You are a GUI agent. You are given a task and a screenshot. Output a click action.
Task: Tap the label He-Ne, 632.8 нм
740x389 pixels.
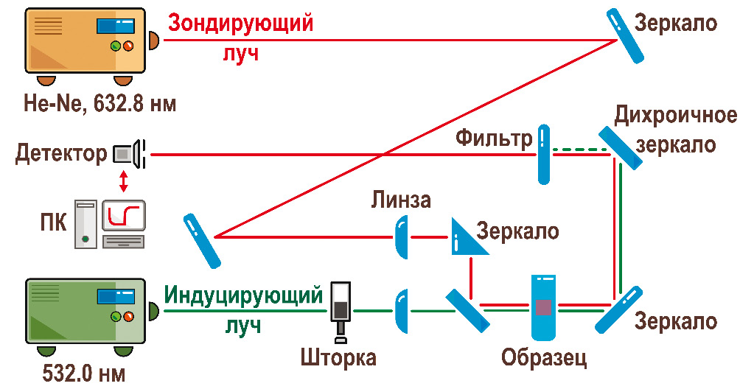[99, 102]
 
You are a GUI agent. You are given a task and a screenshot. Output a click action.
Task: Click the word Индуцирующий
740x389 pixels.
[243, 295]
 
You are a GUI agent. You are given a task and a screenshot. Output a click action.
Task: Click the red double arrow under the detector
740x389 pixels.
[123, 181]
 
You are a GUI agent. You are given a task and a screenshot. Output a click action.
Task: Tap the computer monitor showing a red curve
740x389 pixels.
[123, 216]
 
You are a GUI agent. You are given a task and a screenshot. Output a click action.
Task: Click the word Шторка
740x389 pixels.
[338, 358]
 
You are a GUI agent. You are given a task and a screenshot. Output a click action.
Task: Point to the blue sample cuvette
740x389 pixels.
[545, 307]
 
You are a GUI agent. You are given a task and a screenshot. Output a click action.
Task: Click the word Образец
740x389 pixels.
[544, 358]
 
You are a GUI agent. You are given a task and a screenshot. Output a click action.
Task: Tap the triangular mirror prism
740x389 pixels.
[467, 237]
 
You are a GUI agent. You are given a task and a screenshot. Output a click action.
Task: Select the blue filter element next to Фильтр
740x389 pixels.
[543, 154]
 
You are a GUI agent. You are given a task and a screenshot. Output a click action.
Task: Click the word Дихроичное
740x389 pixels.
[674, 116]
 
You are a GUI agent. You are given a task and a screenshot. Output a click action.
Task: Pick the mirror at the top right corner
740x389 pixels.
[627, 35]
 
